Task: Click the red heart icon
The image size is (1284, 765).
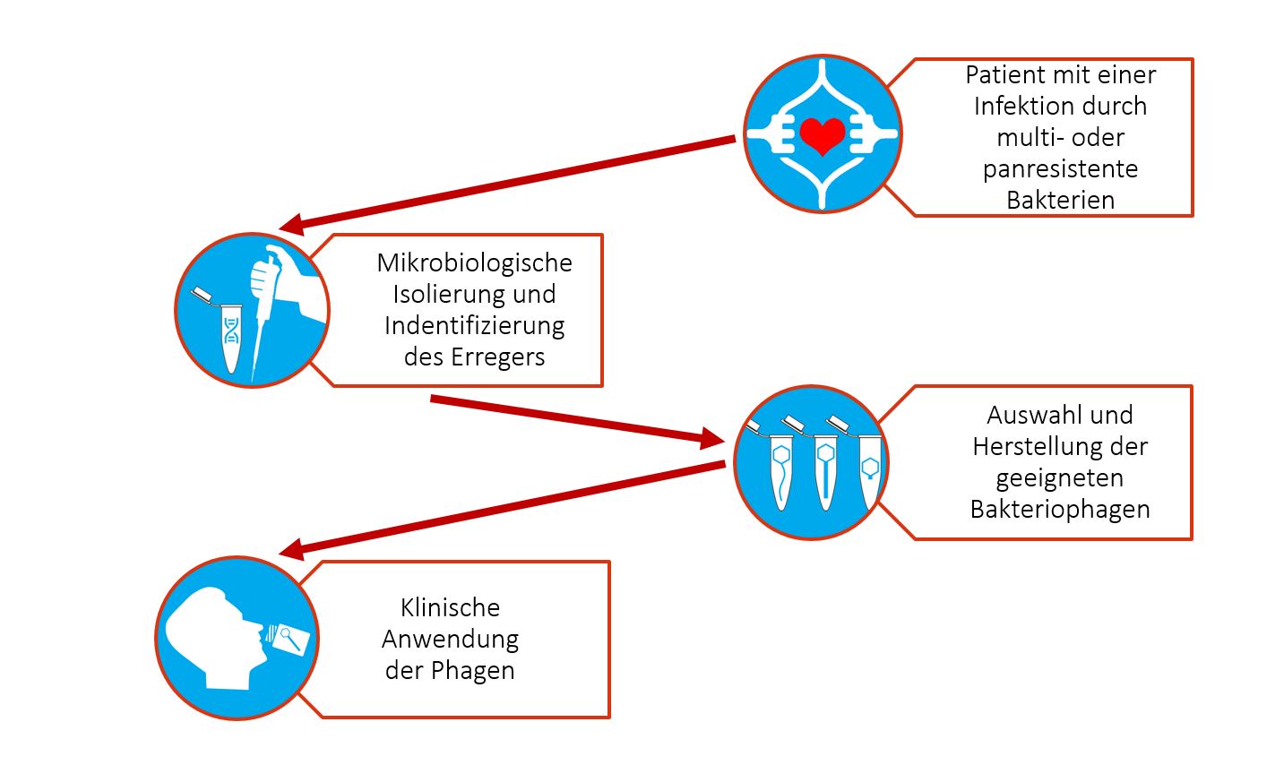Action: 822,135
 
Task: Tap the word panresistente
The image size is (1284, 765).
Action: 1060,168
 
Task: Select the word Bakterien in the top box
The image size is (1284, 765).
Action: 1060,200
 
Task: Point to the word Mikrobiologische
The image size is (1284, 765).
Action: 474,262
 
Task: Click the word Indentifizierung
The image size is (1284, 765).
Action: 474,325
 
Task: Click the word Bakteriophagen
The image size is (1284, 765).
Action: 1060,509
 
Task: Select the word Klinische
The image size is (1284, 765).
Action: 450,607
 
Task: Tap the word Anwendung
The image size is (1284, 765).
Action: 450,639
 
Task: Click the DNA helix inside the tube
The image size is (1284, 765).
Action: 232,330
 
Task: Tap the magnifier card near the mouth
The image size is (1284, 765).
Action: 292,638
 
